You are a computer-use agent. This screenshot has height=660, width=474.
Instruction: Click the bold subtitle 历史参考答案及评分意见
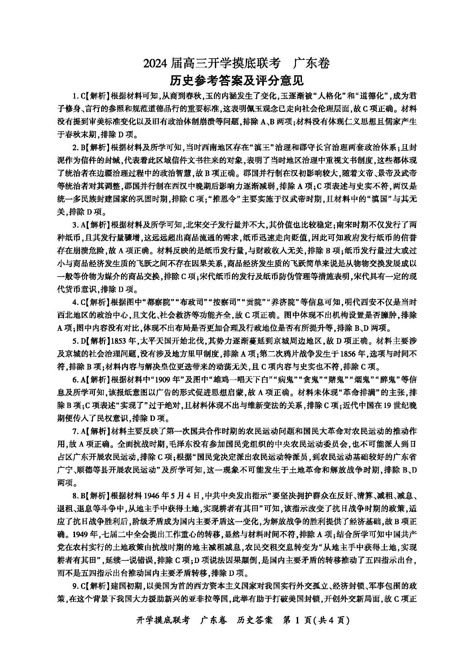coord(236,80)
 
